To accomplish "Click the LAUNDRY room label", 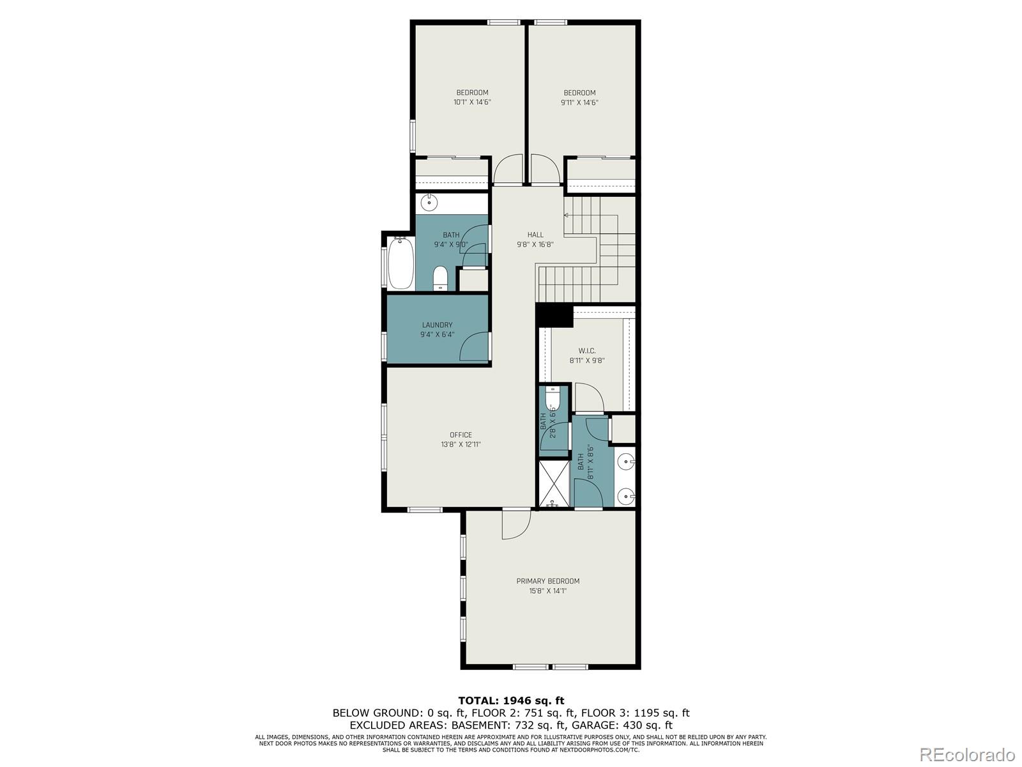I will click(437, 325).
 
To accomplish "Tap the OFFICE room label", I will click(461, 435).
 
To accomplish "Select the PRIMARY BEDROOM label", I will click(547, 581).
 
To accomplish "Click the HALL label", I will click(535, 235).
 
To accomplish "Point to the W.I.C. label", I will click(587, 351).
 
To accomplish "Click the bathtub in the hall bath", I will click(400, 263).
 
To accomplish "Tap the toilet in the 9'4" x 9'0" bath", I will click(440, 279).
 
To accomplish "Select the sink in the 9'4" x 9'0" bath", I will click(430, 204).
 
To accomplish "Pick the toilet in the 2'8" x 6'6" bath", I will click(553, 399).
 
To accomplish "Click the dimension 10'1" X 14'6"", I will click(472, 102).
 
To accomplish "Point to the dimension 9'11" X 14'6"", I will click(579, 102).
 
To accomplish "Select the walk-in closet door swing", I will click(589, 396).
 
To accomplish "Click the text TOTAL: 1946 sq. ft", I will click(511, 701).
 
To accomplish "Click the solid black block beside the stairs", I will click(554, 315).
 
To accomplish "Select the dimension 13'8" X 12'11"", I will click(461, 444).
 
